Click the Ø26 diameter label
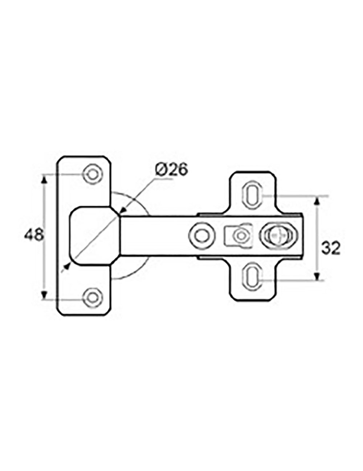[x=171, y=170]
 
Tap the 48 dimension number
[x=34, y=235]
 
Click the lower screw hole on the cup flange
[x=93, y=297]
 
